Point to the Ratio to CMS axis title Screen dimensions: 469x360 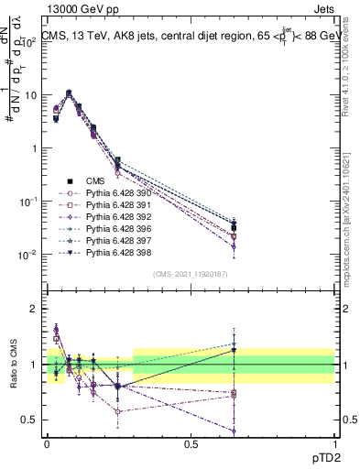click(14, 365)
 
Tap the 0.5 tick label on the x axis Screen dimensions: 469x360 click(191, 442)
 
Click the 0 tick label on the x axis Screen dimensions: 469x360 click(47, 442)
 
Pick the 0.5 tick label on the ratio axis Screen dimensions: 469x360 click(28, 420)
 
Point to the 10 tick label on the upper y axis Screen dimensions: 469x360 click(28, 95)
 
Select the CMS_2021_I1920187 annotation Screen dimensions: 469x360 click(191, 274)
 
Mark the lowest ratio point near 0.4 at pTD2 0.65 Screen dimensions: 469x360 click(235, 431)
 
